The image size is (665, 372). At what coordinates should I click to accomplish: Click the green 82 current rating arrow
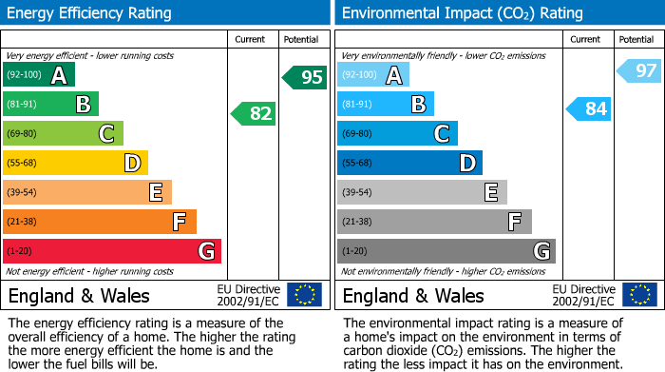pos(254,114)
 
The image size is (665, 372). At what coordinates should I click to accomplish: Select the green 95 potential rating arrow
pos(305,77)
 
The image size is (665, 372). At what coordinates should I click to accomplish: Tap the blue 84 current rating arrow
pos(588,108)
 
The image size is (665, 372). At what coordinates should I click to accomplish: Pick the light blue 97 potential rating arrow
pos(639,70)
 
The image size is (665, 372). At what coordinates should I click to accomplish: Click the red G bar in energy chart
pos(112,251)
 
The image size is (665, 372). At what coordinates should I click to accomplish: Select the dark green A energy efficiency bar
pos(39,75)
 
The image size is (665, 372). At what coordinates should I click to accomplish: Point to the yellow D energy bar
pos(75,164)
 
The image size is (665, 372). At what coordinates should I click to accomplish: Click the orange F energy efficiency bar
pos(100,222)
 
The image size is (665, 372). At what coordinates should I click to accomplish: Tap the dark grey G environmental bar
pos(446,251)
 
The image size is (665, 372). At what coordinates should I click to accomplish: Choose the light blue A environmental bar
pos(373,75)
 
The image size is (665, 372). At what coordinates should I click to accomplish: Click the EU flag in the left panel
pos(305,295)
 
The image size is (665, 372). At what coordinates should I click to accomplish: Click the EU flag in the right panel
pos(639,295)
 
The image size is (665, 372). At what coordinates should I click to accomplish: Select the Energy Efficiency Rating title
pos(90,13)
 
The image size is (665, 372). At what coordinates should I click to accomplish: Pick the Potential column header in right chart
pos(636,39)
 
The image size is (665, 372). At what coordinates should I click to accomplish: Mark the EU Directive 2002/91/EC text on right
pos(583,295)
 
